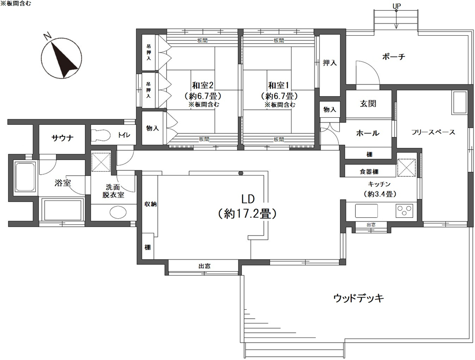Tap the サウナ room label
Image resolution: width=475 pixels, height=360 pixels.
[62, 138]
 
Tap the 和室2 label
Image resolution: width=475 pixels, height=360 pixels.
[203, 85]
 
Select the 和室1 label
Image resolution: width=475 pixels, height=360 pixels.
[279, 85]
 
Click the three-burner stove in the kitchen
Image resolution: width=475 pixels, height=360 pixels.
[404, 211]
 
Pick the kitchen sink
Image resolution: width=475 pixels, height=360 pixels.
[366, 211]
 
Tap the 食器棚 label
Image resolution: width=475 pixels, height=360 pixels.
[369, 172]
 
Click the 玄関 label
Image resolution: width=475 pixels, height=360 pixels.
[368, 104]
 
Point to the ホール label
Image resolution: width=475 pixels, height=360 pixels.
[368, 133]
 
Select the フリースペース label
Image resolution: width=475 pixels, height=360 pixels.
[433, 132]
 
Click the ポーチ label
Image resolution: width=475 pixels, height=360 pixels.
[393, 57]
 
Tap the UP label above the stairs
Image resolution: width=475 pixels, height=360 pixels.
[396, 6]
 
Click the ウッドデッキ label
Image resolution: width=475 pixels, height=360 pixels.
[359, 298]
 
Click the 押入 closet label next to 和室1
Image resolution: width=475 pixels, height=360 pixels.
[330, 63]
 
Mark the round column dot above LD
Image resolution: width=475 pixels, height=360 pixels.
[241, 173]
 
